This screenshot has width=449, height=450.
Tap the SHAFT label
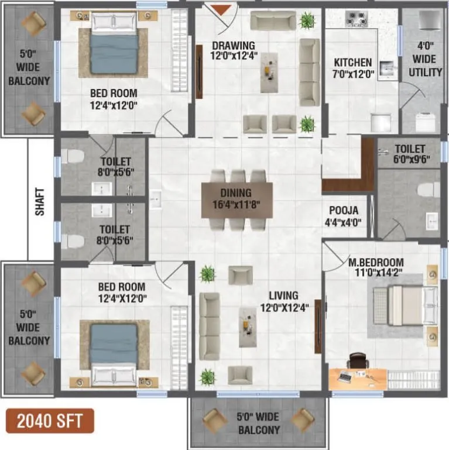[40, 201]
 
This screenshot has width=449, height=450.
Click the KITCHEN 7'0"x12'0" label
[352, 67]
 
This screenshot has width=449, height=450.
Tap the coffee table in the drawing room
[269, 73]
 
